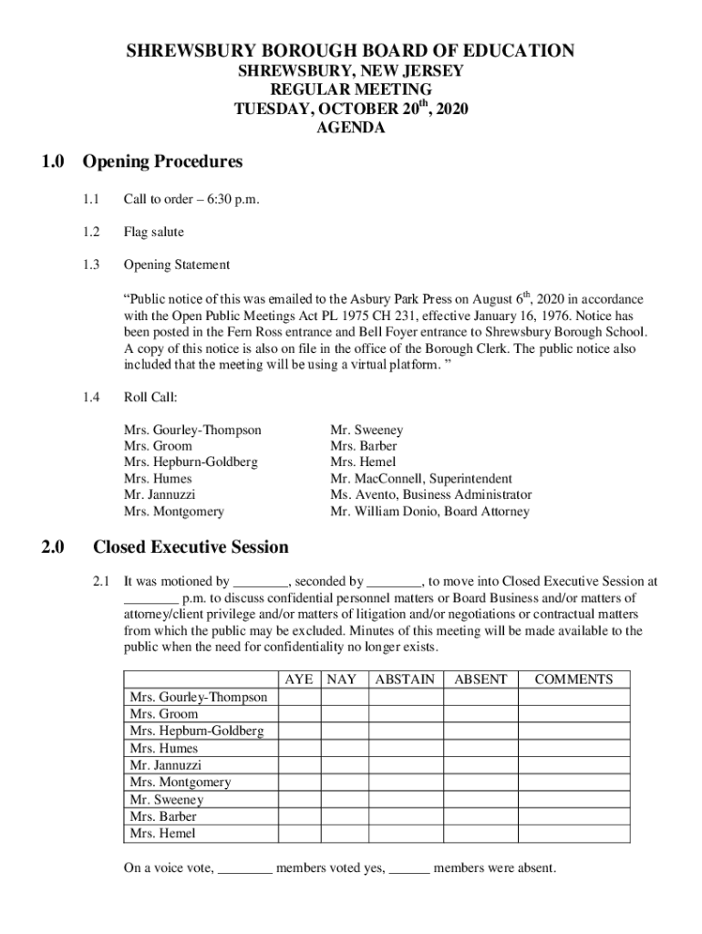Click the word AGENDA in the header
pyautogui.click(x=350, y=129)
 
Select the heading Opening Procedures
pyautogui.click(x=162, y=162)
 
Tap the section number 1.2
pyautogui.click(x=88, y=232)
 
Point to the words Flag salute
pyautogui.click(x=153, y=232)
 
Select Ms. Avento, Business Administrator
pyautogui.click(x=430, y=494)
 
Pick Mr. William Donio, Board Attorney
pyautogui.click(x=429, y=512)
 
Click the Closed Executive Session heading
pyautogui.click(x=191, y=547)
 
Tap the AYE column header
pyautogui.click(x=299, y=680)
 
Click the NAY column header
pyautogui.click(x=342, y=680)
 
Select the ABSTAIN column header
pyautogui.click(x=405, y=680)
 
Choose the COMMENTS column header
pyautogui.click(x=573, y=680)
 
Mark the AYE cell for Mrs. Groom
pyautogui.click(x=300, y=714)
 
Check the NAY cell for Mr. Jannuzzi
pyautogui.click(x=344, y=765)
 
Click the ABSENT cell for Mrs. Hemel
pyautogui.click(x=480, y=834)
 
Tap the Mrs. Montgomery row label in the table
pyautogui.click(x=181, y=783)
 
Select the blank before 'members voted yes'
pyautogui.click(x=245, y=868)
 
